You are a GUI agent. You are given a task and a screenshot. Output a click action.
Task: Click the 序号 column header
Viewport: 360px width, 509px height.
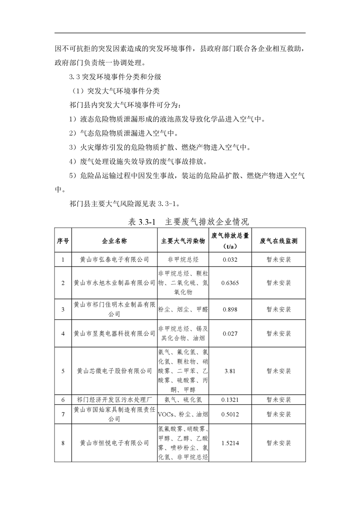pos(63,240)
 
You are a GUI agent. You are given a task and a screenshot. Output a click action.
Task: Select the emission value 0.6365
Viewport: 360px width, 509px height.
pos(230,283)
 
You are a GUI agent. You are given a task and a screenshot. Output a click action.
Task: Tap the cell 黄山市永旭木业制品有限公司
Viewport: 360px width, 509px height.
pos(114,283)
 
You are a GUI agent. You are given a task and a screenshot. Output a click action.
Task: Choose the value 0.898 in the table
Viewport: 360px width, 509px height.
pos(230,309)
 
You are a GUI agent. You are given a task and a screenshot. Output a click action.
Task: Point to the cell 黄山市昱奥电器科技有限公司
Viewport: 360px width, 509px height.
pos(114,333)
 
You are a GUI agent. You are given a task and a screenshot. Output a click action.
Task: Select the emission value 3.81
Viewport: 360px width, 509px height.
pos(230,371)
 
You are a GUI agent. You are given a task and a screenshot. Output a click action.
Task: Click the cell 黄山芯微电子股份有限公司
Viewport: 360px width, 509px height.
pos(114,371)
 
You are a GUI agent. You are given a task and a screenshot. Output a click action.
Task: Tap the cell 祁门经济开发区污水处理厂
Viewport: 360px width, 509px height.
pos(114,400)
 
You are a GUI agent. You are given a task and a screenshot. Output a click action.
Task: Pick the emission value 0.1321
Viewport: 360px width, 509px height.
pos(230,400)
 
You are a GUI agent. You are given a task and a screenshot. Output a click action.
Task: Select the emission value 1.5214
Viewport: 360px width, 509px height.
pos(230,443)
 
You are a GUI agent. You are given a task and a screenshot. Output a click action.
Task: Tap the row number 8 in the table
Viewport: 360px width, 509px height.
pos(63,443)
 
